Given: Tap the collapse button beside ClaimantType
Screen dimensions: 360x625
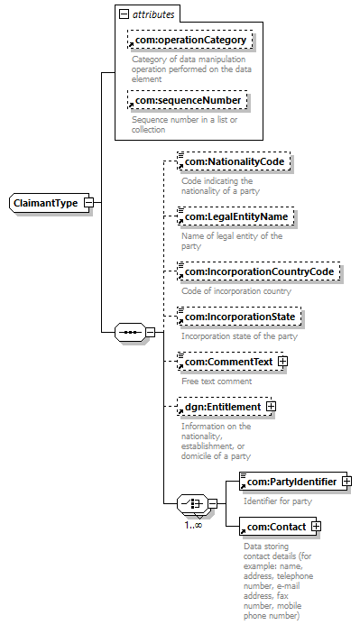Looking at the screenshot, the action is [x=89, y=203].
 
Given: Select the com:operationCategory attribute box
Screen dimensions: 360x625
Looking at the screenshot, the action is [x=189, y=40].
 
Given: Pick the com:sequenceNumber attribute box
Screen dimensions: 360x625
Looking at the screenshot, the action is [x=187, y=100].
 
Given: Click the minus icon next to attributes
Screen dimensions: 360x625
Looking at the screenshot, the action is [x=124, y=14].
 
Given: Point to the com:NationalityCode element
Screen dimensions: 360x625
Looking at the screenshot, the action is [x=234, y=161].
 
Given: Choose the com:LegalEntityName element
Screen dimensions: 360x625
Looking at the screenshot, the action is [x=235, y=216].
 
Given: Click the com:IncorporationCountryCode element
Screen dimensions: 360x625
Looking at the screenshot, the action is [x=259, y=271].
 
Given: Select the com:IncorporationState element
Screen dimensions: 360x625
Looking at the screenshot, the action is [x=239, y=317].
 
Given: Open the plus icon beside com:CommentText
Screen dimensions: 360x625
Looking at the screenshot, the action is [x=282, y=362].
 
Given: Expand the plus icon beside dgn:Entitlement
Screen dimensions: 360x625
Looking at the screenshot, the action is [x=271, y=407].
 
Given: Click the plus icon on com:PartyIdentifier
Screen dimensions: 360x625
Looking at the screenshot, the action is [x=346, y=482].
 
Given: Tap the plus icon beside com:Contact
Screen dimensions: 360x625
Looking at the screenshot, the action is [x=316, y=527].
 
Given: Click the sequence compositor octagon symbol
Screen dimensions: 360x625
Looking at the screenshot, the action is [x=130, y=332].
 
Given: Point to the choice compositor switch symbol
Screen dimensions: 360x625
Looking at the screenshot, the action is [x=192, y=503].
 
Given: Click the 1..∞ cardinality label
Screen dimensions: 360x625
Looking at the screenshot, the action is [x=193, y=526].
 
